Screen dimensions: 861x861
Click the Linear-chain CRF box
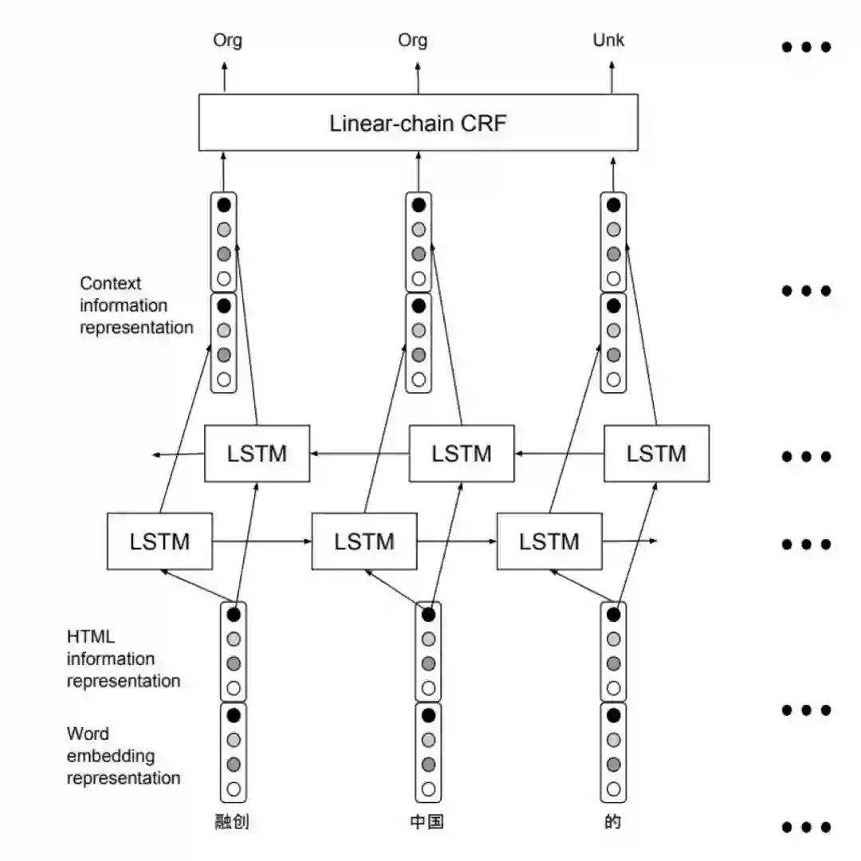point(418,123)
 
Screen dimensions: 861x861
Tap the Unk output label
point(608,40)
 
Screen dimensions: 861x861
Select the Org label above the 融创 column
point(227,40)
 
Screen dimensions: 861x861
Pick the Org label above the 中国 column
point(412,40)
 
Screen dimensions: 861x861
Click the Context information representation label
point(136,305)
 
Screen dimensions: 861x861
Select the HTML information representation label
point(124,659)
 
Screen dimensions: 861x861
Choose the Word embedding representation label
point(124,756)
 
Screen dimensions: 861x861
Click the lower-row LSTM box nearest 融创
point(159,541)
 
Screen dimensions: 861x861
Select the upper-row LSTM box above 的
point(656,454)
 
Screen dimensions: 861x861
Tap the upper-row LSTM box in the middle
point(462,454)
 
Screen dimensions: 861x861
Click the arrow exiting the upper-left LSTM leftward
point(179,454)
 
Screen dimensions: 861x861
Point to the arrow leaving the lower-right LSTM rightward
point(630,541)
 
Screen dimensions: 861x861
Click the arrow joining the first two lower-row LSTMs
point(261,541)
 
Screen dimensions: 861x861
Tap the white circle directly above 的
point(613,790)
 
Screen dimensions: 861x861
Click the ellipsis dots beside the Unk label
point(806,47)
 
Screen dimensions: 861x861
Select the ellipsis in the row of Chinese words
point(806,827)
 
